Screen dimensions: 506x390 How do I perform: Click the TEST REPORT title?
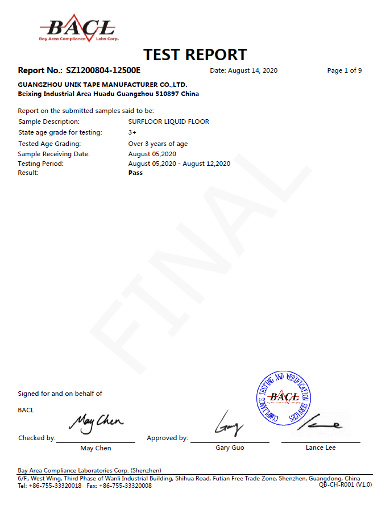pos(195,55)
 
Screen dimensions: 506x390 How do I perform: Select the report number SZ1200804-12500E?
pos(103,70)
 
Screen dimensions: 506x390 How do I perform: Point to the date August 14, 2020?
pos(244,70)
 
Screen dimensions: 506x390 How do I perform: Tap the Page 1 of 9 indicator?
pos(345,70)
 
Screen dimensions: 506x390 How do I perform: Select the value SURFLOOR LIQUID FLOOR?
pos(169,122)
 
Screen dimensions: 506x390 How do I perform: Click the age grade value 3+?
pos(132,132)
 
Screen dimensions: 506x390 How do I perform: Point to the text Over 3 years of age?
pos(158,144)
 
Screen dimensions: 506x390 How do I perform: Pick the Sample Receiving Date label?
pos(54,154)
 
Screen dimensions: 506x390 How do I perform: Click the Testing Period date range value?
pos(179,164)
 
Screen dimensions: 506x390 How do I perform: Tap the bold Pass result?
pos(135,173)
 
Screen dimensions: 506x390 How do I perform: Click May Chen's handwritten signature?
pos(96,421)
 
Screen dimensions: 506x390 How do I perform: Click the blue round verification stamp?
pos(283,398)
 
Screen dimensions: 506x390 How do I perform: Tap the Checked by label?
pos(37,438)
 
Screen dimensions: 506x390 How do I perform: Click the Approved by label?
pos(167,438)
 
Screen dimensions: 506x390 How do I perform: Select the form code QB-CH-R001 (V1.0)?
pos(345,484)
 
